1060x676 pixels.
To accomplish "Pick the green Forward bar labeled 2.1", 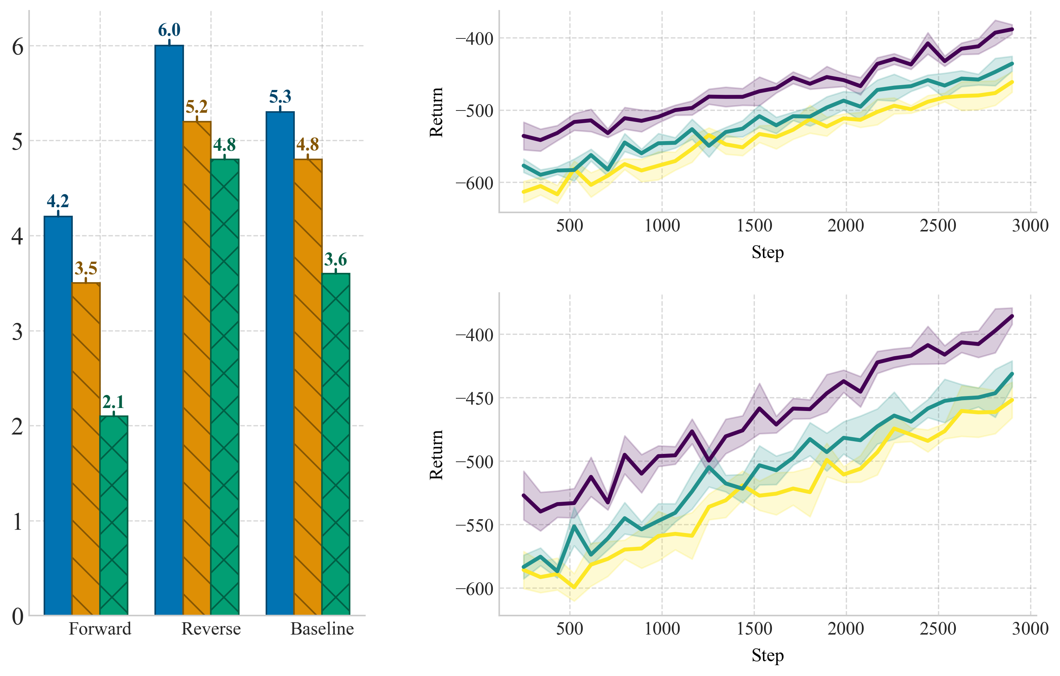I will (113, 515).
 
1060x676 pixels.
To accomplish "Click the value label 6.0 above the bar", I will (169, 30).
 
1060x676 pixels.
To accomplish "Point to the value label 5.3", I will (280, 97).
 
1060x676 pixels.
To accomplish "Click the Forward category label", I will (100, 629).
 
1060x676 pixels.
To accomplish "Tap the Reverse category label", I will (211, 629).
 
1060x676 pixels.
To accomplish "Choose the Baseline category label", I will (322, 629).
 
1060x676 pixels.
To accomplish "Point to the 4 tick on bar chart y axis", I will (17, 237).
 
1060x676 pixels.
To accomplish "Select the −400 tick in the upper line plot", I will (474, 39).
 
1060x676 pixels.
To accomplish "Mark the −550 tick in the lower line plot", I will (474, 526).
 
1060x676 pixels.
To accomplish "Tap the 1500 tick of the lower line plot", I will (754, 629).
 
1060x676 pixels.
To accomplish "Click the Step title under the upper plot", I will (767, 252).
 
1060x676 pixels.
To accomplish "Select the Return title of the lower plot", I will (436, 455).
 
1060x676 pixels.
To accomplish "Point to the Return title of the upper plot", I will (436, 112).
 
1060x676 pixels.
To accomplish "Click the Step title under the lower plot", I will (767, 655).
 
